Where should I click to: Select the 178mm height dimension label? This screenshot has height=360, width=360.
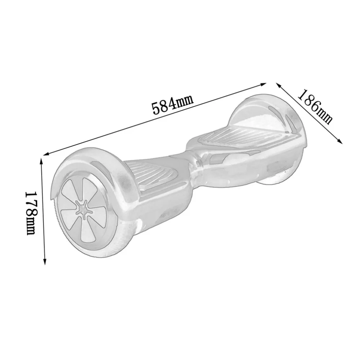point(30,213)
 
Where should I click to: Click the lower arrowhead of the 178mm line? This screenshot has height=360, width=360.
point(45,262)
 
